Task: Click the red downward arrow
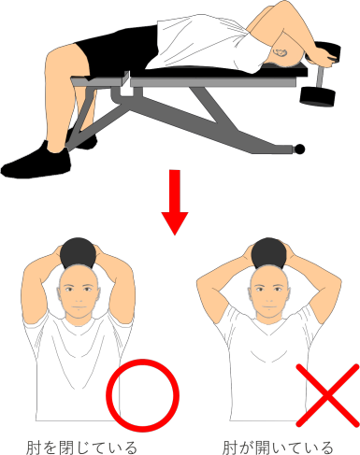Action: coord(175,203)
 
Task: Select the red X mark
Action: coord(327,395)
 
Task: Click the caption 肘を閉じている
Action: coord(81,448)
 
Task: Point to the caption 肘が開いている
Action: coord(278,448)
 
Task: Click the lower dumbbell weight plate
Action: coord(317,96)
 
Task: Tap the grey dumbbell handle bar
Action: coord(321,77)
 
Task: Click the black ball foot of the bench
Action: coord(299,149)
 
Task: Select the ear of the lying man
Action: coord(281,53)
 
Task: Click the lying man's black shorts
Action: coord(120,50)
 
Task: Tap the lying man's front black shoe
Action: coord(36,162)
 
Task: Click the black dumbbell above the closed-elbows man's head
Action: coord(78,253)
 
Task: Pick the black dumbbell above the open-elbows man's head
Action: coord(268,253)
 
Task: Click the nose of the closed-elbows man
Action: coord(79,298)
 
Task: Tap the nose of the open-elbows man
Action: coord(269,298)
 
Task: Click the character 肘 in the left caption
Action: coord(34,448)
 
